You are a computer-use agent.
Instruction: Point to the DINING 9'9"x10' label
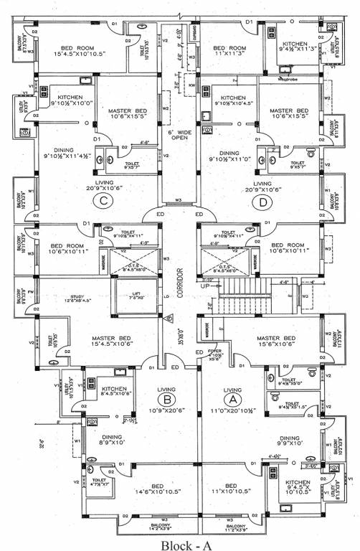[x=290, y=441]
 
